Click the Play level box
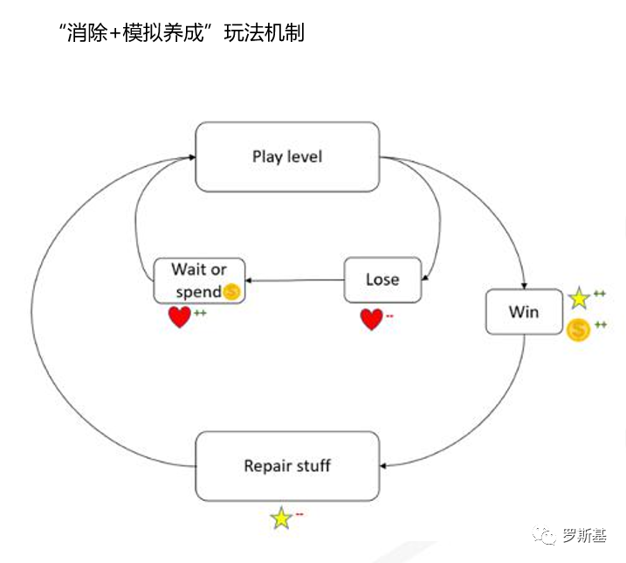coord(287,157)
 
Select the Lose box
coord(382,280)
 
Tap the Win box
coord(524,312)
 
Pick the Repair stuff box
coord(287,465)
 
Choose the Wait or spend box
coord(199,281)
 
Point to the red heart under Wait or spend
coord(180,317)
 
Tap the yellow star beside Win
coord(579,299)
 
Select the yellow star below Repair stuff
coord(281,518)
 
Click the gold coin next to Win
coord(578,330)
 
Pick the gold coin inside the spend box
coord(230,293)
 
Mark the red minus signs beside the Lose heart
coord(389,316)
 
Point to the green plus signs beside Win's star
coord(600,294)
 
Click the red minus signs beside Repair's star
coord(299,514)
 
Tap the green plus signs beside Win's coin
coord(600,325)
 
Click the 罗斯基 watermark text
coord(584,534)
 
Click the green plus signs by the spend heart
coord(200,313)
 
